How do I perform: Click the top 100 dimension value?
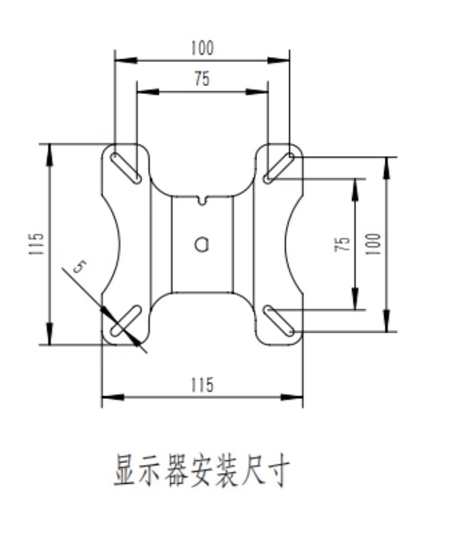click(202, 48)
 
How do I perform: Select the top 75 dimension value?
click(202, 80)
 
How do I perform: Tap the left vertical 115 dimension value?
click(38, 244)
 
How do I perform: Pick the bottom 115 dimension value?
click(202, 385)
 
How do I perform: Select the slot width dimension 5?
click(80, 268)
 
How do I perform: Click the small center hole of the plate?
click(202, 244)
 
